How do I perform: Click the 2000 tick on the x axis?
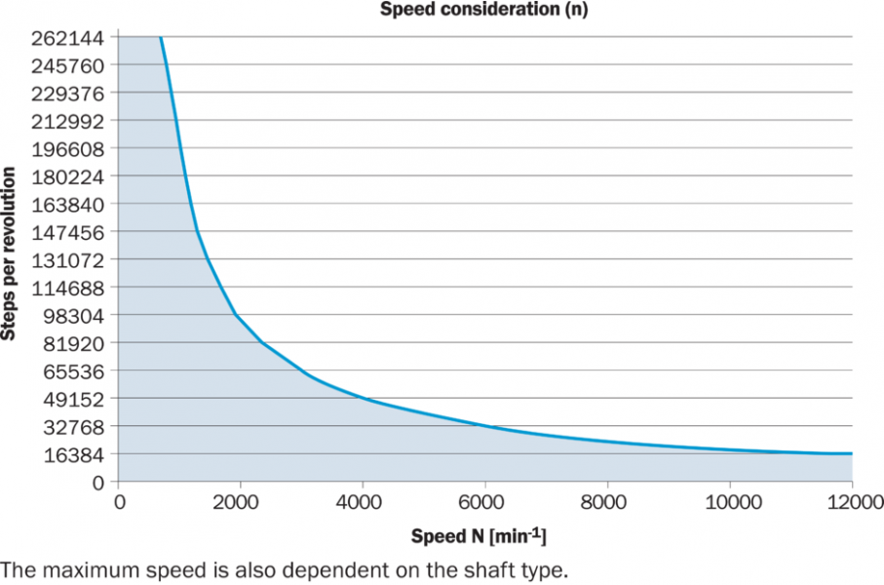click(x=240, y=503)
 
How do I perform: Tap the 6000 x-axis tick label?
click(x=485, y=503)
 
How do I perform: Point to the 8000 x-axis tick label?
click(x=607, y=503)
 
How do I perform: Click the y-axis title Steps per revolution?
click(x=11, y=253)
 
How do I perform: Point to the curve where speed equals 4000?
click(x=363, y=398)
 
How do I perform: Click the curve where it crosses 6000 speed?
click(x=485, y=426)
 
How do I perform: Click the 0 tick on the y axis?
click(x=97, y=483)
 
